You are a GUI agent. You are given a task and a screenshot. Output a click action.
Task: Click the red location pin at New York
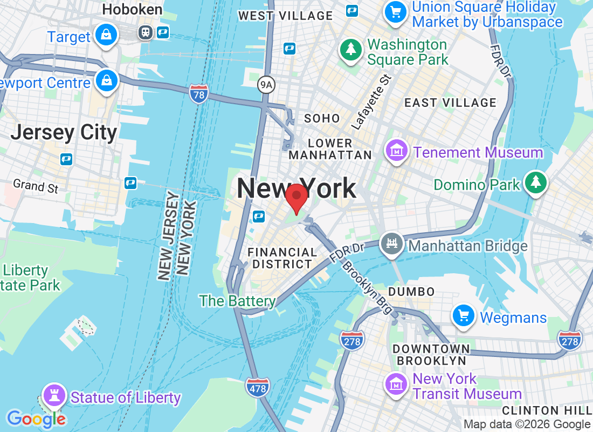click(296, 197)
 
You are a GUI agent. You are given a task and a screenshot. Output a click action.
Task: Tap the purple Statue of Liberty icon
click(54, 396)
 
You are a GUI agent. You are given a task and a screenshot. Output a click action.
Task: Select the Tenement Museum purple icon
click(397, 151)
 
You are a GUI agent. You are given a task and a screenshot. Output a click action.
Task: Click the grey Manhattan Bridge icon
click(392, 244)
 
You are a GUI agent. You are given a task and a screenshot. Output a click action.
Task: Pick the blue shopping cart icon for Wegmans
click(464, 316)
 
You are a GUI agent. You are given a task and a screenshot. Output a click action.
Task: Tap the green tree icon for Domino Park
click(535, 182)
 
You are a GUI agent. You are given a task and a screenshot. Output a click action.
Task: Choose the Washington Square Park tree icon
click(351, 50)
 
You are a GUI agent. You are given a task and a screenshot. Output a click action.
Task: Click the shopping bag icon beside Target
click(106, 35)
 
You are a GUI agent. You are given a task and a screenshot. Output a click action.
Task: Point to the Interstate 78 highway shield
click(199, 94)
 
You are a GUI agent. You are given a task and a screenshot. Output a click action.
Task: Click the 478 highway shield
click(257, 387)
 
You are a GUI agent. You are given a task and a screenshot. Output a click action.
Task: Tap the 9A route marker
click(266, 84)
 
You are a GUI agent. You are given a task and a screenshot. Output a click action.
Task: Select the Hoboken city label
click(132, 9)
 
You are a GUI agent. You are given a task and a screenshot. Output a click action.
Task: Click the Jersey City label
click(64, 132)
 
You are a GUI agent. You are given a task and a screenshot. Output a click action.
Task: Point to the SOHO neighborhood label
click(322, 118)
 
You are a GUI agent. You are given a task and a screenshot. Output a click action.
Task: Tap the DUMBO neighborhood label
click(411, 292)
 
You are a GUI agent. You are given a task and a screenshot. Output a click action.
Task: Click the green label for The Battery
click(237, 301)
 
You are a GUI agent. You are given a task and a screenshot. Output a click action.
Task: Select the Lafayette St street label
click(371, 102)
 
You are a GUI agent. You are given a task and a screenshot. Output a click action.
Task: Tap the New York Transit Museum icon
click(397, 384)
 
